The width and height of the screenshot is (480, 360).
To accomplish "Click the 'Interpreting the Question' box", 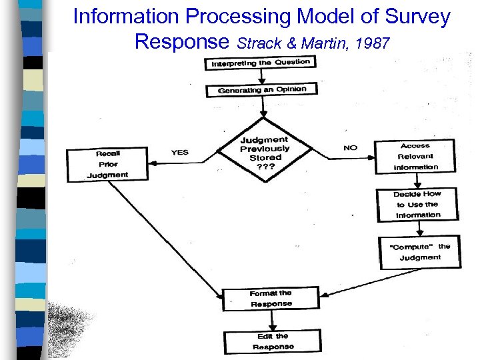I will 261,63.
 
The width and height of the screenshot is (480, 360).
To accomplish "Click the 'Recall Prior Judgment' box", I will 107,164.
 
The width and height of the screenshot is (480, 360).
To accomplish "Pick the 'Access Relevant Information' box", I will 415,156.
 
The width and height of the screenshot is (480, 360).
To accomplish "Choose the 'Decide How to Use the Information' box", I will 418,204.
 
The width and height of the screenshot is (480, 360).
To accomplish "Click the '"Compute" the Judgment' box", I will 420,251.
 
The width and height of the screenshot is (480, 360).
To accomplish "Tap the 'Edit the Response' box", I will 273,341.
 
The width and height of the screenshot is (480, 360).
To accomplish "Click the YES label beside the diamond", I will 180,152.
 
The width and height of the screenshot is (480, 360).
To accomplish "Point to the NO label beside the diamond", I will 351,147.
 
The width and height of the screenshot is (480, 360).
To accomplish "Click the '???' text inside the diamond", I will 265,167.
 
